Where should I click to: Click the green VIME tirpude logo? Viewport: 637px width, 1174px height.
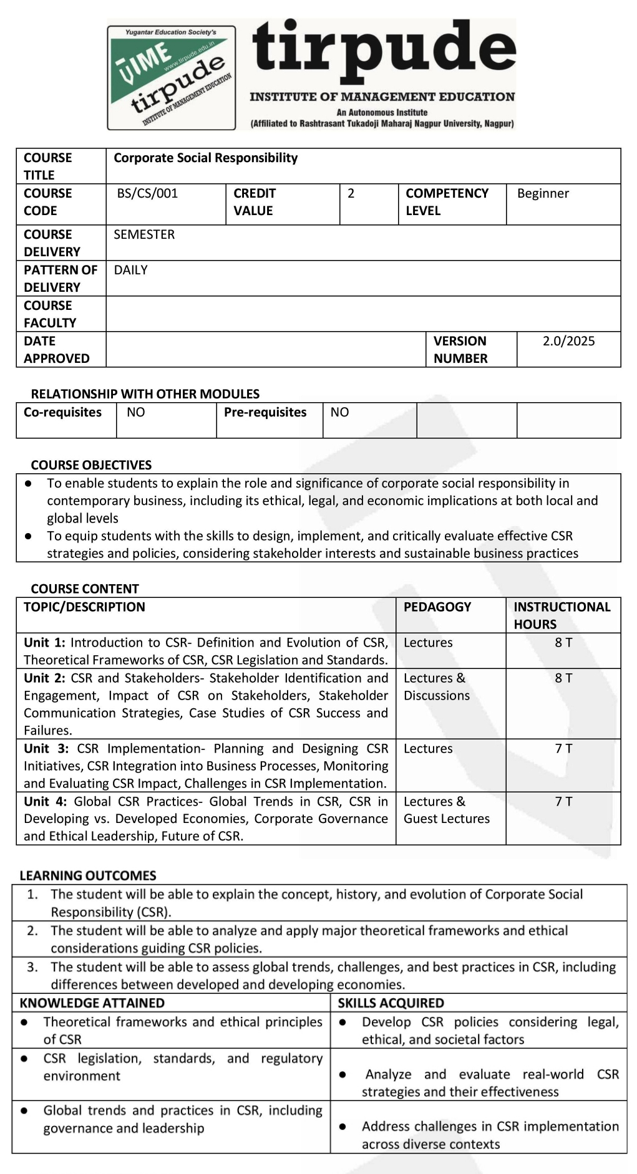coord(171,77)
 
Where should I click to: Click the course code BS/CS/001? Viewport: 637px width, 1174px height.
coord(147,193)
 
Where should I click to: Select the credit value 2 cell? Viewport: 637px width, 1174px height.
coord(351,193)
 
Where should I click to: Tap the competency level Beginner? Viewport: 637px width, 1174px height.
coord(543,193)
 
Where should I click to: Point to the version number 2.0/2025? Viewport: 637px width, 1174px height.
coord(568,341)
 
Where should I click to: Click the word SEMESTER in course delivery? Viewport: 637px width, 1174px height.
coord(144,234)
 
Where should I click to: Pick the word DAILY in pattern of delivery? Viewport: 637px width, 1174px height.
coord(131,270)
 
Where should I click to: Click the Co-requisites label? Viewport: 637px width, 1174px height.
coord(62,412)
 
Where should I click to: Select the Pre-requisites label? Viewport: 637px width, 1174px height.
coord(265,412)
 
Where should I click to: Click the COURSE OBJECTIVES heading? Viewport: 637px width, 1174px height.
coord(91,465)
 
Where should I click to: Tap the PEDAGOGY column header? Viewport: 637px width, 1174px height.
coord(437,607)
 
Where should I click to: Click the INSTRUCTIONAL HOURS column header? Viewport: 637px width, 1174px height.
coord(562,615)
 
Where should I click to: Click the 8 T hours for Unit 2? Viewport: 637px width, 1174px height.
coord(563,678)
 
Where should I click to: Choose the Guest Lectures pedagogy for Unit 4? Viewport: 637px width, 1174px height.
coord(447,819)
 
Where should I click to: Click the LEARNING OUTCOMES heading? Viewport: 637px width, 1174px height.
coord(87,875)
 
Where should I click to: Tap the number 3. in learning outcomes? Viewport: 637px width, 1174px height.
coord(32,967)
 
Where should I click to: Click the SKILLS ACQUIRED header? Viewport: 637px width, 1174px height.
coord(391,1003)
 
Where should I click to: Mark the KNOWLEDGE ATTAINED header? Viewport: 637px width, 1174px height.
coord(92,1003)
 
